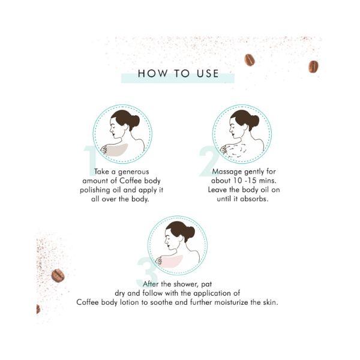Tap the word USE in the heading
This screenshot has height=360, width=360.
point(208,73)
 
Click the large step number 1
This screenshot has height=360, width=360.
point(90,161)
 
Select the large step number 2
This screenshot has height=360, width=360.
point(209,161)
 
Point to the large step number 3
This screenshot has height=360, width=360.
point(147,272)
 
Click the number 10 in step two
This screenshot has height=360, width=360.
point(238,181)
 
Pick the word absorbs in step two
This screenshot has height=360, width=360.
point(254,199)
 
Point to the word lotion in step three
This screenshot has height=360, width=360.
point(129,302)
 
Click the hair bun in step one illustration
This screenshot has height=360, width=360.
point(134,122)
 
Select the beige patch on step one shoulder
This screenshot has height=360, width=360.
point(117,149)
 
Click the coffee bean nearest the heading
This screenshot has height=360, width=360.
point(250,60)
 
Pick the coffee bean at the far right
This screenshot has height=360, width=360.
point(313,67)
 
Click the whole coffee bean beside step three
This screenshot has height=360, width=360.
point(58,275)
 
